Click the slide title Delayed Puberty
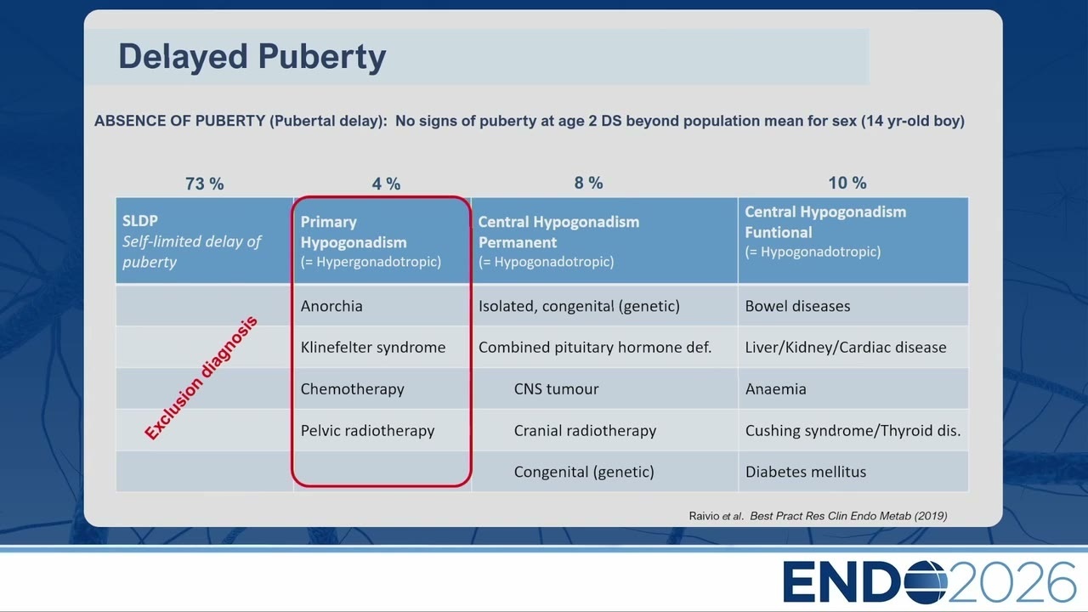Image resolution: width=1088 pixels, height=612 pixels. (x=252, y=57)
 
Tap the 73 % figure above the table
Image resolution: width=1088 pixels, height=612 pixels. (x=205, y=184)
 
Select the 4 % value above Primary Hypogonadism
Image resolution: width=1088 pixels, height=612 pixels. (x=386, y=184)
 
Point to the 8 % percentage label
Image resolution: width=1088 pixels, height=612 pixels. (x=588, y=183)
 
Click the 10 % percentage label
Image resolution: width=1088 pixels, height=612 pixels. (x=847, y=183)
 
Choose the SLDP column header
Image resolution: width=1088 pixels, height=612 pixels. (x=205, y=241)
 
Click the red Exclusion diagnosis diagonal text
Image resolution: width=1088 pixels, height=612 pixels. (x=201, y=378)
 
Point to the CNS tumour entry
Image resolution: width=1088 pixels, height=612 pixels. (x=556, y=389)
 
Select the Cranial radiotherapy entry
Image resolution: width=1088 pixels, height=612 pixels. (x=585, y=431)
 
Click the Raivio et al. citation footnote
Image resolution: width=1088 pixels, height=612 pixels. (x=818, y=516)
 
